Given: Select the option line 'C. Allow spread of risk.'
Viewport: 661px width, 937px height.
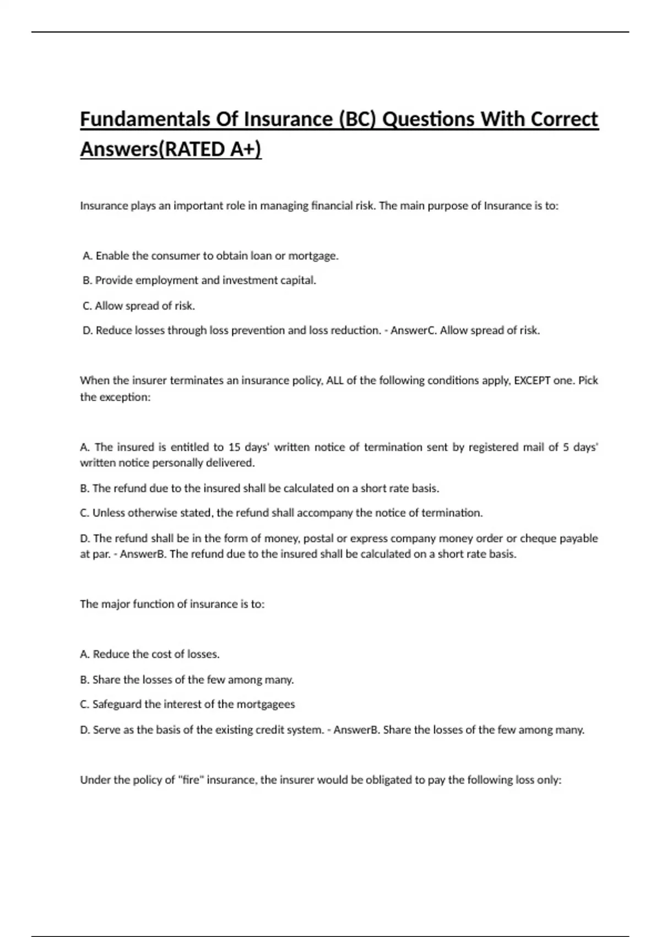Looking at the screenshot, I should (139, 306).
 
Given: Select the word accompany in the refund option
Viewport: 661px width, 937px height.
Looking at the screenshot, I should (325, 513).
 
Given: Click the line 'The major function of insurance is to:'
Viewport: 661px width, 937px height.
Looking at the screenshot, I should (172, 604).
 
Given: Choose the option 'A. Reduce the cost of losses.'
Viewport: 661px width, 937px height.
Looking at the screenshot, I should (150, 654).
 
